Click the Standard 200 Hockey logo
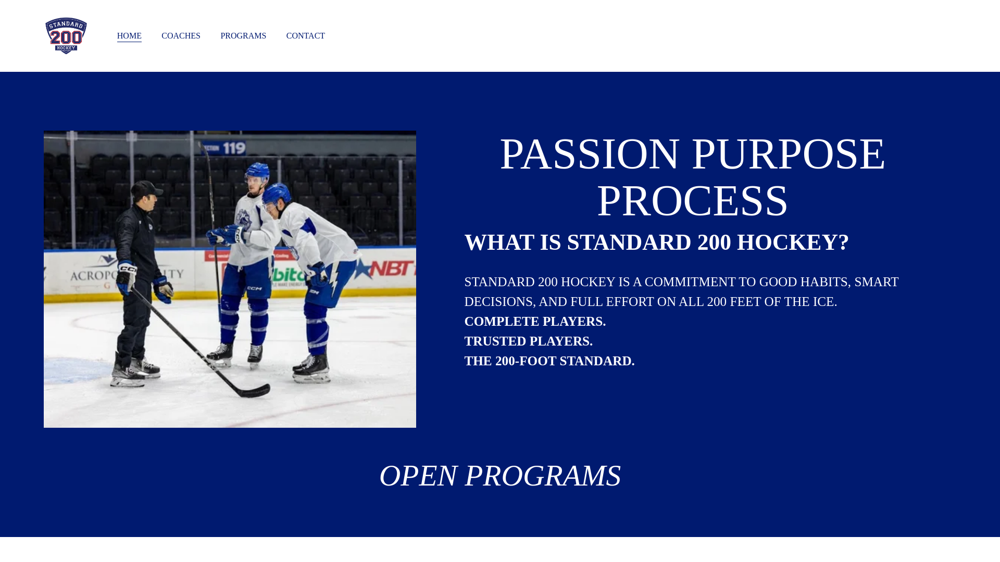[x=66, y=36]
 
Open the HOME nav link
[x=129, y=36]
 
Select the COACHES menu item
[x=181, y=36]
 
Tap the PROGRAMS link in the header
[x=243, y=36]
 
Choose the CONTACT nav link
[x=305, y=36]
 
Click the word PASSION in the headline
[x=590, y=154]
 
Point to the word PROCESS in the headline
[x=692, y=201]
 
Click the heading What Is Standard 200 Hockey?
[x=656, y=242]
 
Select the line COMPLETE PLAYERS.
[x=535, y=322]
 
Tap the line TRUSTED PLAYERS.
[x=528, y=341]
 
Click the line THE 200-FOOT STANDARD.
[x=549, y=361]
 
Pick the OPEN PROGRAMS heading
[x=500, y=476]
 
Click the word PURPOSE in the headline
[x=788, y=154]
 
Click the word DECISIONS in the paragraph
[x=498, y=302]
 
